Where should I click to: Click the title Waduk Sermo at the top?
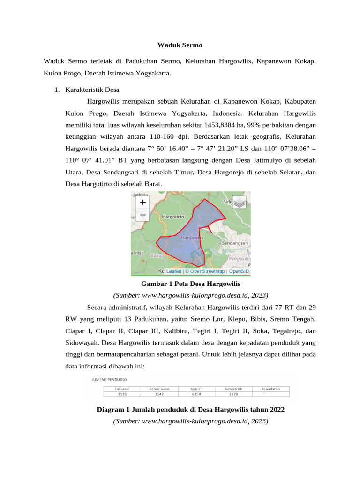click(x=180, y=45)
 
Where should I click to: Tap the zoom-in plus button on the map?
click(x=142, y=202)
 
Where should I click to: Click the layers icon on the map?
click(x=239, y=202)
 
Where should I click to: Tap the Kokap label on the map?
click(x=157, y=256)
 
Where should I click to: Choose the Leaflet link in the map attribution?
click(x=174, y=271)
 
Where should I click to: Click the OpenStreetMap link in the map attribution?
click(x=205, y=271)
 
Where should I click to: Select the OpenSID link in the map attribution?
click(x=239, y=271)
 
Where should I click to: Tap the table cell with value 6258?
click(x=195, y=394)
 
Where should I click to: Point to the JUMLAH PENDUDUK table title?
click(x=110, y=379)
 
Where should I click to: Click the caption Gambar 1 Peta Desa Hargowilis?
click(x=190, y=284)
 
